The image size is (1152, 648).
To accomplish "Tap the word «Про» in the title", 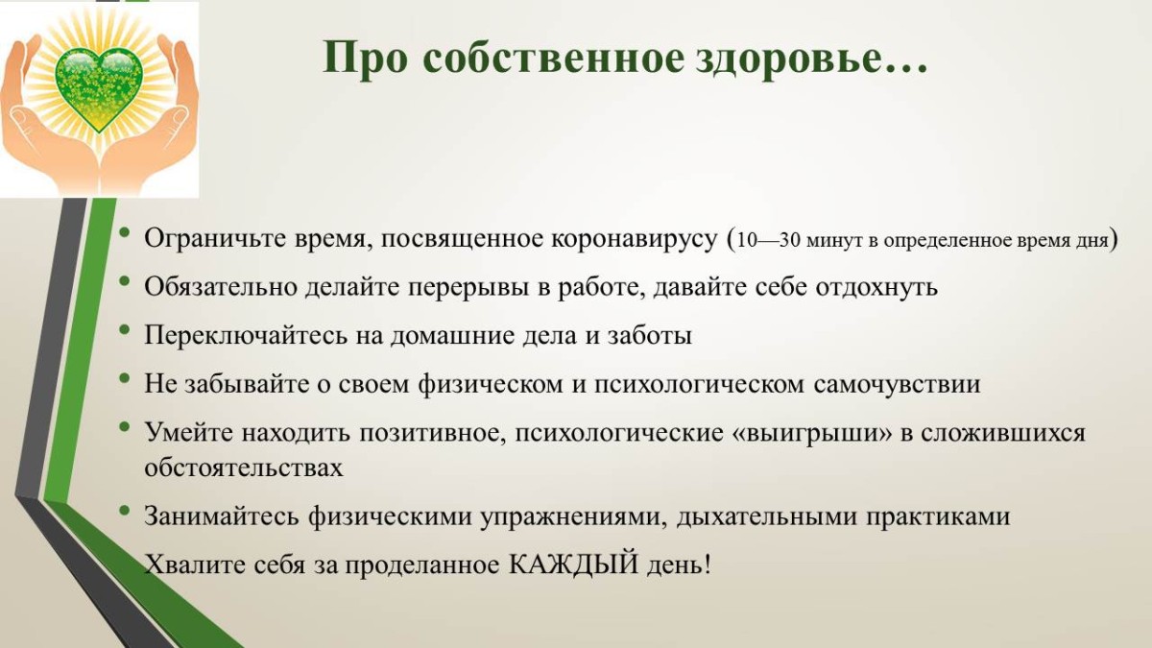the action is tap(365, 59).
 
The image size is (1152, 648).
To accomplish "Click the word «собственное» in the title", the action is tap(553, 59).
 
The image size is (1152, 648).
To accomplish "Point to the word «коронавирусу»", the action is tap(634, 239).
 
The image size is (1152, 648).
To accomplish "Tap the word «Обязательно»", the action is tap(221, 286).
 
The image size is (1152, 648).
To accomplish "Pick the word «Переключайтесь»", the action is tap(246, 335).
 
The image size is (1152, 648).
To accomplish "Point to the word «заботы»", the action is tap(650, 336).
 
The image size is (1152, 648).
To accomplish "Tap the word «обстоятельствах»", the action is tap(243, 468).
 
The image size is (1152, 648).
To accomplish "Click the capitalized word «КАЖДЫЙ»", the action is tap(573, 564).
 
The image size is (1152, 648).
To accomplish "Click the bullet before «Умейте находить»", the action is tap(124, 426).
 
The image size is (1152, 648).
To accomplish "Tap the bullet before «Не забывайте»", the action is tap(124, 377).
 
